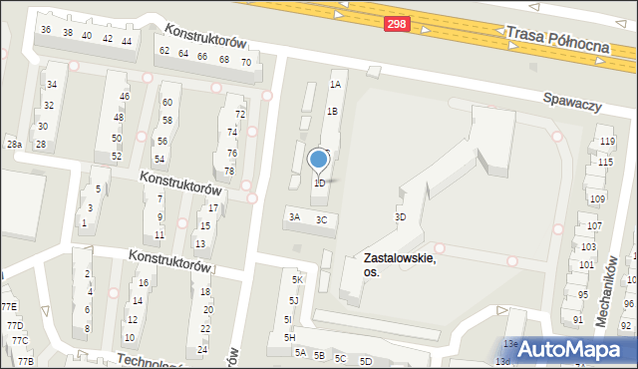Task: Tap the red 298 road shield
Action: pos(397,33)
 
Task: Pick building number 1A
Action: pos(336,86)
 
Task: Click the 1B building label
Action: pos(332,112)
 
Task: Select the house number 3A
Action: pos(294,216)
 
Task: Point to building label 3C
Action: pos(321,219)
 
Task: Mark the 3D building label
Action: pos(400,216)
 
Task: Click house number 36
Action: pos(46,30)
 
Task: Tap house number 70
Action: pos(245,62)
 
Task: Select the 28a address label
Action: pos(14,146)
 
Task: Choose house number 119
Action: pos(605,143)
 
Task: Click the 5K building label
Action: pos(296,280)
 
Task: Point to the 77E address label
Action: pos(9,307)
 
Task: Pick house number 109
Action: pos(598,199)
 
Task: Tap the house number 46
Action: pos(124,97)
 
